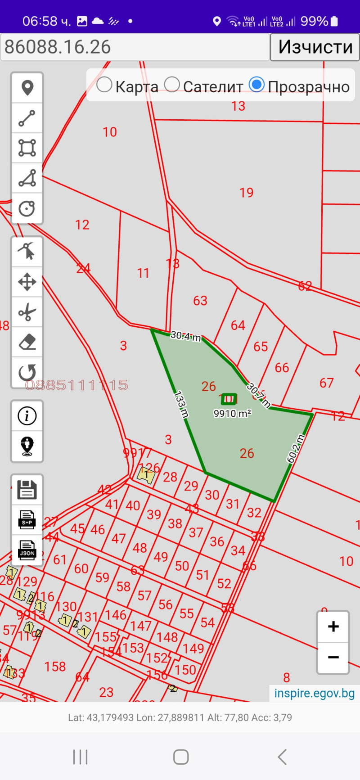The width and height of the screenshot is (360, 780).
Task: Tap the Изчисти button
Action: pyautogui.click(x=315, y=47)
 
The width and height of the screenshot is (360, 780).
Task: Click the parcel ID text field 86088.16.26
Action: pyautogui.click(x=135, y=47)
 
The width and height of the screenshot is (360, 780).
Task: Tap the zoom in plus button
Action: pyautogui.click(x=333, y=627)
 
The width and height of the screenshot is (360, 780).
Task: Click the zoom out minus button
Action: pyautogui.click(x=333, y=658)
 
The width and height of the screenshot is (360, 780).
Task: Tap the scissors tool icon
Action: pyautogui.click(x=27, y=312)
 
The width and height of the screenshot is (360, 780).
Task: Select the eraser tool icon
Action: pyautogui.click(x=27, y=342)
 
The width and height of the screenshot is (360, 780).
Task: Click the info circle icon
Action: pyautogui.click(x=27, y=416)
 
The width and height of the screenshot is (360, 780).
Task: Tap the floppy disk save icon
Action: pyautogui.click(x=27, y=490)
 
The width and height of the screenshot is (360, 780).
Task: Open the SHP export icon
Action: pyautogui.click(x=27, y=519)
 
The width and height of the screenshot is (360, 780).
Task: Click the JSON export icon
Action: pyautogui.click(x=27, y=550)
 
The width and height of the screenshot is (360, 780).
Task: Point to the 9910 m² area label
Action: pyautogui.click(x=232, y=414)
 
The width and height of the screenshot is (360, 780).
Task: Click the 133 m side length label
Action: pyautogui.click(x=181, y=405)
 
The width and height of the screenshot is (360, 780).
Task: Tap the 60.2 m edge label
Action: pyautogui.click(x=296, y=449)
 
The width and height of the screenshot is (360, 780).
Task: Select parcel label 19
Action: pyautogui.click(x=247, y=193)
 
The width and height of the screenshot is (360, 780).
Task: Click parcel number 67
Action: pyautogui.click(x=327, y=383)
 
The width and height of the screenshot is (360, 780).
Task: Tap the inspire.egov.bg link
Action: pyautogui.click(x=315, y=693)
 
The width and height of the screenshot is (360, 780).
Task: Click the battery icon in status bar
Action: pyautogui.click(x=334, y=21)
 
